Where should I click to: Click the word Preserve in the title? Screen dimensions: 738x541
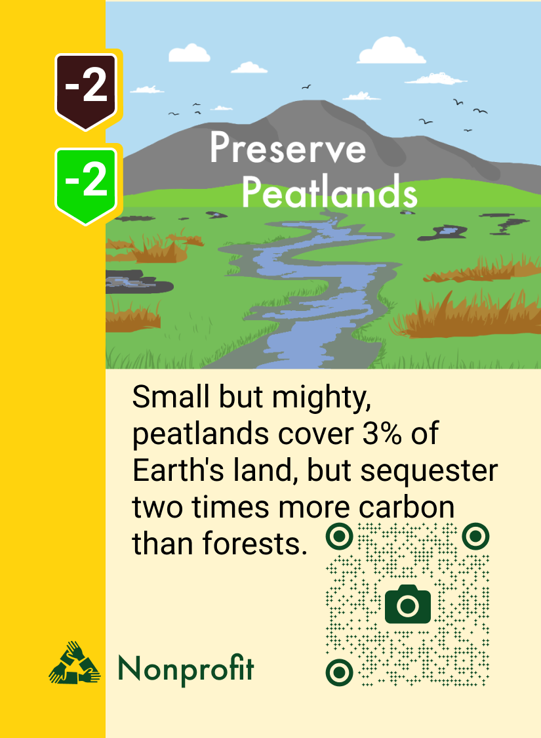[287, 149]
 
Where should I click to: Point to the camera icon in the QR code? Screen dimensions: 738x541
[407, 604]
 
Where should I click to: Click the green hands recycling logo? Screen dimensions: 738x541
[74, 664]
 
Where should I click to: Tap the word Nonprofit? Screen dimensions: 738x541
[186, 669]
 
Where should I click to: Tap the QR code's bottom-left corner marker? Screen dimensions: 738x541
[339, 672]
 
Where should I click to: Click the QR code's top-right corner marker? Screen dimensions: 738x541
[474, 537]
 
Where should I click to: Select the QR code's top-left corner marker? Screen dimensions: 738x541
[339, 537]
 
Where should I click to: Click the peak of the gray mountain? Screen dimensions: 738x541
[321, 104]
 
